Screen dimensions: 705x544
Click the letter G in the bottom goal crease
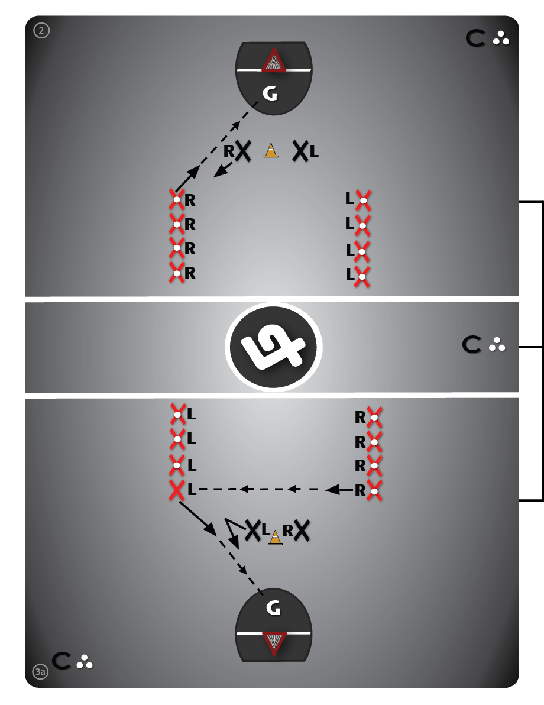click(273, 607)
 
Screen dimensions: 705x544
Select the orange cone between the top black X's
click(270, 150)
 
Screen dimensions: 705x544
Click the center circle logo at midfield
click(274, 347)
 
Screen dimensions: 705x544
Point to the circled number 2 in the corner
click(41, 30)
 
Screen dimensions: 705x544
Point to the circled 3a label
click(40, 671)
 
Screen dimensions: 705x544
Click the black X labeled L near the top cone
click(300, 151)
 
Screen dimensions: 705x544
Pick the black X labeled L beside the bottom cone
click(253, 531)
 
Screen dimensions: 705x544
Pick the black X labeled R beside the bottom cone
click(302, 531)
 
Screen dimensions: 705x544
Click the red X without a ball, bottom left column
click(177, 490)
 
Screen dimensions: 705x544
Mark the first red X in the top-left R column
click(176, 199)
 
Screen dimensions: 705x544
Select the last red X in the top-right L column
click(363, 273)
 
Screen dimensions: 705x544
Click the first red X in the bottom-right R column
click(374, 417)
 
